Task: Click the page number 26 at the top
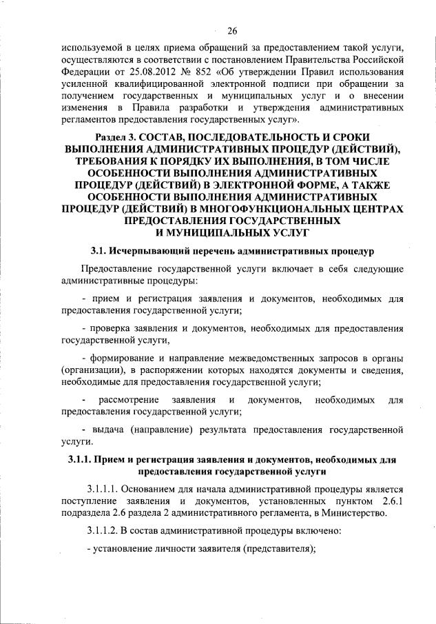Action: coord(231,30)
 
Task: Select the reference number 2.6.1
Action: coord(386,499)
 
